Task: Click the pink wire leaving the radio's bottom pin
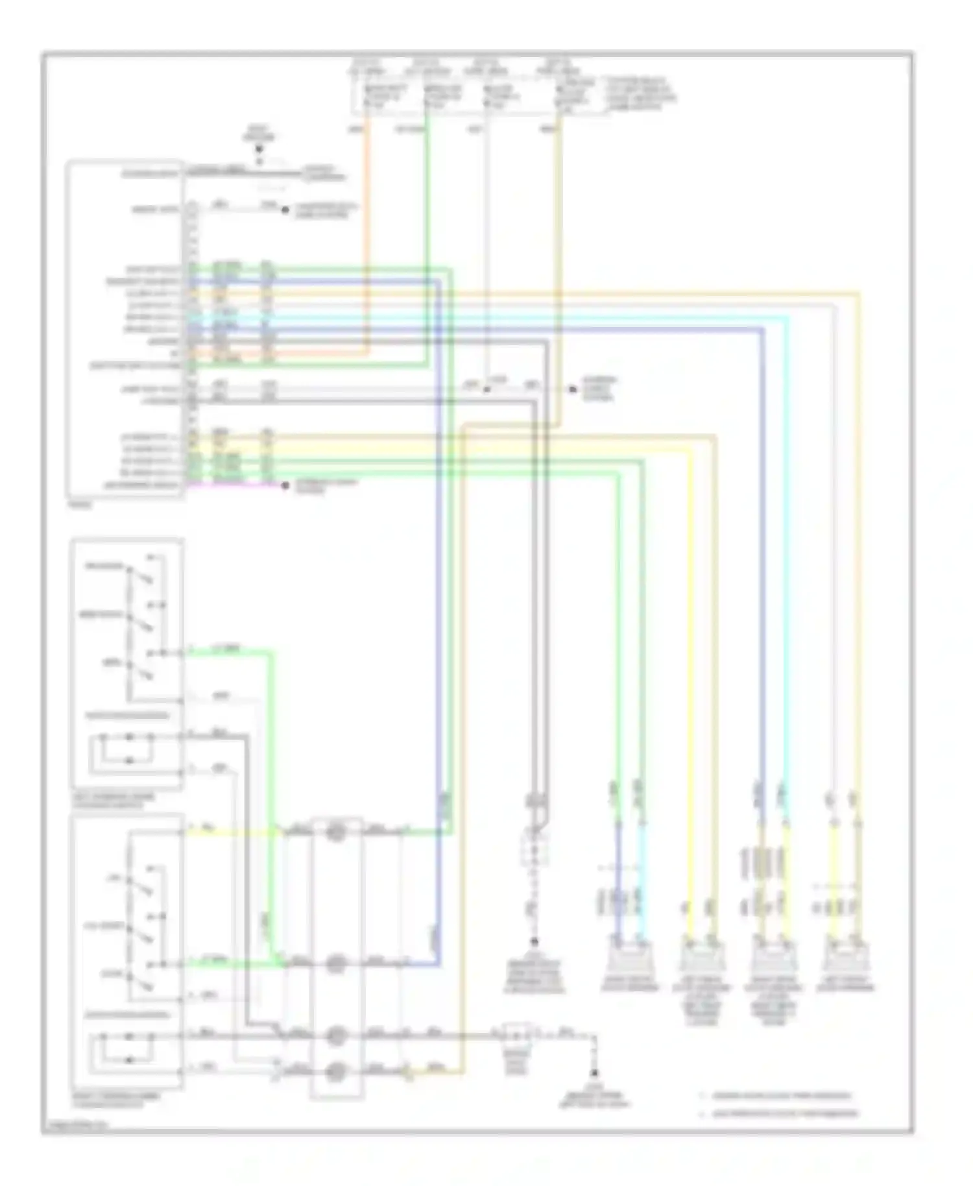click(x=234, y=485)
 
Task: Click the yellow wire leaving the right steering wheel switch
click(x=227, y=831)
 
